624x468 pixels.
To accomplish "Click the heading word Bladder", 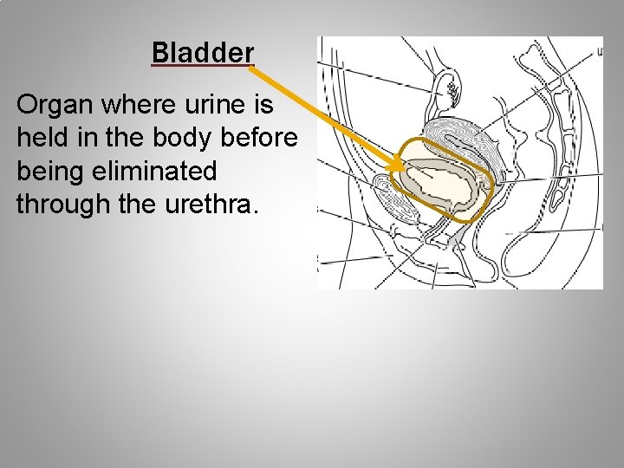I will click(x=203, y=52).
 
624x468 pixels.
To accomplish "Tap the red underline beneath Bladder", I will click(x=203, y=66).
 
